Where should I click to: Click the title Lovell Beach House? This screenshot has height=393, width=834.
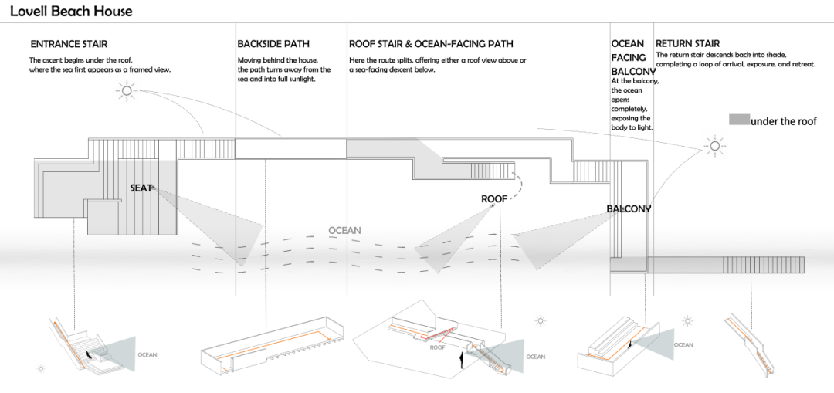(71, 11)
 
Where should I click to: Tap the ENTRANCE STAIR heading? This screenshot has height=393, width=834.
(69, 44)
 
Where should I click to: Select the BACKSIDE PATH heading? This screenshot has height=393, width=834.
(273, 44)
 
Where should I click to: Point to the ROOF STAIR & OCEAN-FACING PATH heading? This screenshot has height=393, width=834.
(432, 44)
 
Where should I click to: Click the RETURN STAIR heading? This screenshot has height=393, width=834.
(688, 44)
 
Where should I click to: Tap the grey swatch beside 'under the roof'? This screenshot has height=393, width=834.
(739, 120)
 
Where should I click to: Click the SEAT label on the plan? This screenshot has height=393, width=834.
(141, 188)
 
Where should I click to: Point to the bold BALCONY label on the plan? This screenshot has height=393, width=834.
(629, 209)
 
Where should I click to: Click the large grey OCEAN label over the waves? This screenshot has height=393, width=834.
(344, 230)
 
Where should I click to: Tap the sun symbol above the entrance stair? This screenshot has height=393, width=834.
(127, 91)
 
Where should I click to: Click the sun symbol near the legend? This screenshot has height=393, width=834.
(714, 146)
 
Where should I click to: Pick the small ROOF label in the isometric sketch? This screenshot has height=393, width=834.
(438, 348)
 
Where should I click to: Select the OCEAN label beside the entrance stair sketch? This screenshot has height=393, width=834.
(147, 354)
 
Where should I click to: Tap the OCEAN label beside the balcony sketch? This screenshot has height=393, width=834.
(683, 344)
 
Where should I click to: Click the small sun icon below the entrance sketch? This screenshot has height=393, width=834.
(41, 368)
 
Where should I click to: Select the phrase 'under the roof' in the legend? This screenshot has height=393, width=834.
(784, 121)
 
